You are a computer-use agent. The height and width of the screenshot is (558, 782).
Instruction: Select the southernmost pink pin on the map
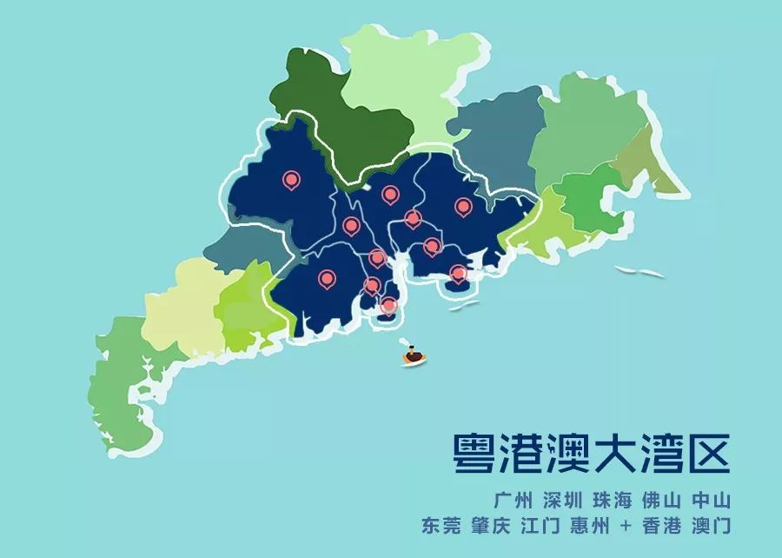point(388,304)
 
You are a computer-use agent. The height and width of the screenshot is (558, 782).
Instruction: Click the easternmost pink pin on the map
point(463,207)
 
